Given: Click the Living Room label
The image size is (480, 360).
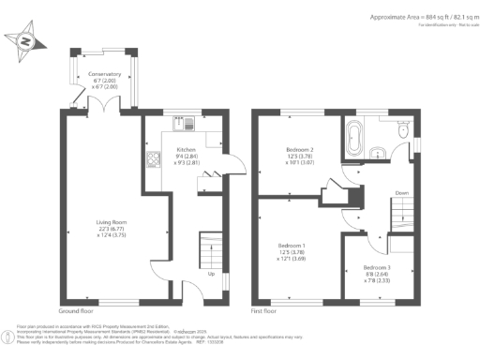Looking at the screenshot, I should click(106, 221).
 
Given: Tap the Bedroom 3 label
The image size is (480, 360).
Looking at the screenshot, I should click(377, 267).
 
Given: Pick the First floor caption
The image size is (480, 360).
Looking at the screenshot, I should click(264, 309).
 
